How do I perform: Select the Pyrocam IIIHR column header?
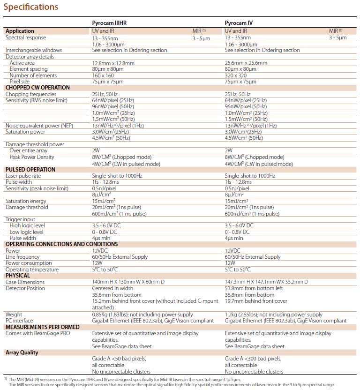(x=111, y=22)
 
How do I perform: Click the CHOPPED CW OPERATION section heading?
(x=37, y=88)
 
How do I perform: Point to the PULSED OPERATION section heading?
(x=30, y=170)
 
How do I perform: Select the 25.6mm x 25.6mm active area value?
(x=246, y=63)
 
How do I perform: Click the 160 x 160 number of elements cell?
(x=103, y=75)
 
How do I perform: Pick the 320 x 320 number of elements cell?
(x=235, y=75)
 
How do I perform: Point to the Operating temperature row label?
(x=32, y=270)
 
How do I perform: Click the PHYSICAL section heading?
(x=18, y=276)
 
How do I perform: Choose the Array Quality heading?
(x=22, y=352)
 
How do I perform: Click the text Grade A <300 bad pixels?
(x=253, y=359)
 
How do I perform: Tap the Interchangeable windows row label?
(x=34, y=50)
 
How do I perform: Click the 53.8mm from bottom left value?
(x=253, y=288)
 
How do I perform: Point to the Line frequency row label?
(x=22, y=257)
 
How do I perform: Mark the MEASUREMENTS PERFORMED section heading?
(x=42, y=327)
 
